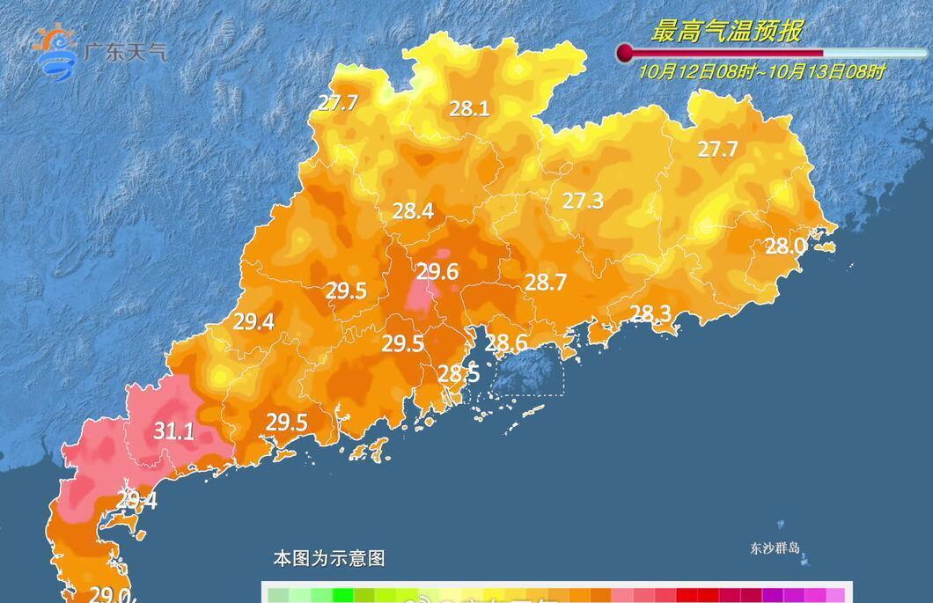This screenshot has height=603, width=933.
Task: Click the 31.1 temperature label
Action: (x=173, y=431)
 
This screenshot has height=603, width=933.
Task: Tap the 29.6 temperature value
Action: (x=437, y=272)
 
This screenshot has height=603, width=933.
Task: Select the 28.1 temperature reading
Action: (x=469, y=109)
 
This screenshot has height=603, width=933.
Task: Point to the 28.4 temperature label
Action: (x=413, y=211)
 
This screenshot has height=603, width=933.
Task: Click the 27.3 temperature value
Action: (x=583, y=201)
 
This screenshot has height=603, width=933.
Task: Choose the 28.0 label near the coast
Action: (x=784, y=246)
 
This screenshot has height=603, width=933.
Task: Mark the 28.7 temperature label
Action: (x=545, y=283)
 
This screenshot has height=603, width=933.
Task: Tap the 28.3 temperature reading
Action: (x=650, y=313)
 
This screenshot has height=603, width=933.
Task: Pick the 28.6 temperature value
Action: (x=506, y=343)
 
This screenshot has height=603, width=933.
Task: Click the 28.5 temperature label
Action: (x=459, y=373)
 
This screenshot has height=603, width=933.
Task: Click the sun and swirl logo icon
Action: (x=55, y=49)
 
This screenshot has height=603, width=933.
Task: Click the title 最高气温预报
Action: (x=726, y=32)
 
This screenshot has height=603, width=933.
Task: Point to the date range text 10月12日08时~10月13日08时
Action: (x=762, y=71)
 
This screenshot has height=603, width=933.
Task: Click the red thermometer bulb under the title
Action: (x=625, y=53)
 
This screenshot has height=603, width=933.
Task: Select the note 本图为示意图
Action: (x=329, y=558)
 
